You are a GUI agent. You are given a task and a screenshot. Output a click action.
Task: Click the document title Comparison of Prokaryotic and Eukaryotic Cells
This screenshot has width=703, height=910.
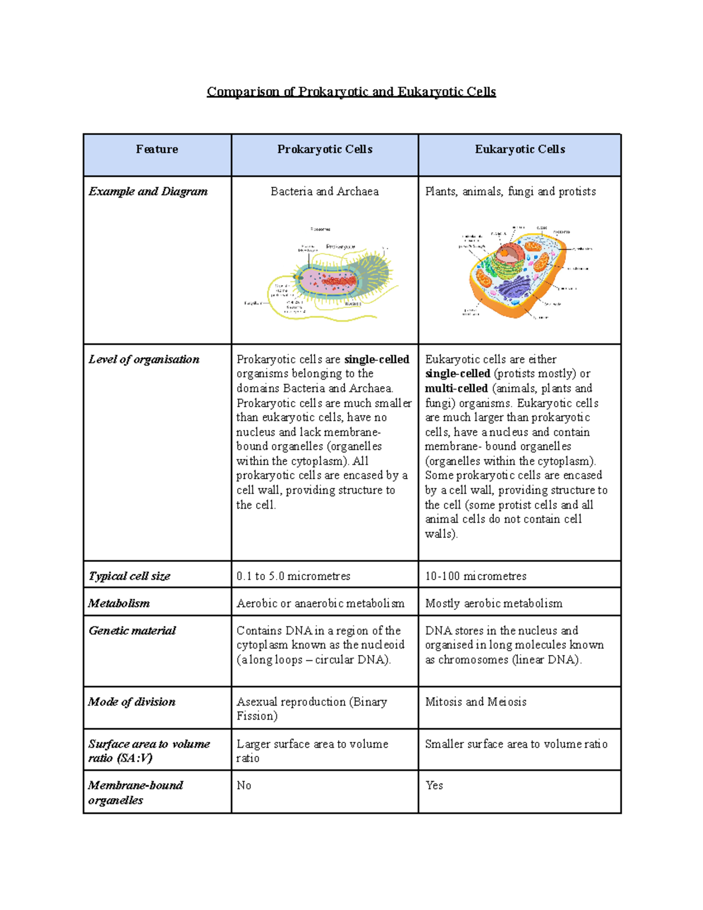(351, 92)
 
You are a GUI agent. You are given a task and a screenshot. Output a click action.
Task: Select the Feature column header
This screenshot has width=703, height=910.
(156, 149)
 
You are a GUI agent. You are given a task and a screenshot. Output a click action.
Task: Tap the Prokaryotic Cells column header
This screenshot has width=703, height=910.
(325, 149)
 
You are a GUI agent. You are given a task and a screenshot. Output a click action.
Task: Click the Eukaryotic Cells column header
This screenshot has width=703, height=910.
(520, 149)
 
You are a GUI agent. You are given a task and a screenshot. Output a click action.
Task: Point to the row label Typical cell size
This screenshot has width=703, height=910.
(129, 576)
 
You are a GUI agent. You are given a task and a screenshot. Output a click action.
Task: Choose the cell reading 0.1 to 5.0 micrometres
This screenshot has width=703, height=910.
(293, 576)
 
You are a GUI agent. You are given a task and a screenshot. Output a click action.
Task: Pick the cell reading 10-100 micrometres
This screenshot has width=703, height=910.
(475, 576)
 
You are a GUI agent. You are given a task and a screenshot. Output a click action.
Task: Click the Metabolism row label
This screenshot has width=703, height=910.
(119, 603)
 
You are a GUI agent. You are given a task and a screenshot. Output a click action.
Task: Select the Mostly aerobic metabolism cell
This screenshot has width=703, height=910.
(493, 603)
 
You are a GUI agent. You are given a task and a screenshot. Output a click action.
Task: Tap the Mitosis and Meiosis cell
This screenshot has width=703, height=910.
(475, 701)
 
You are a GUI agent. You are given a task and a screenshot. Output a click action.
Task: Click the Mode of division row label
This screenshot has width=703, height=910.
(131, 701)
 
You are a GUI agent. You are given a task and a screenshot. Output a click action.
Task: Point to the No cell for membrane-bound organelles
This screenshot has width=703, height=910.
(244, 785)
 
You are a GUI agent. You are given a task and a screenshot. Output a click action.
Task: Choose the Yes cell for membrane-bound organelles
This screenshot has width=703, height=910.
(434, 785)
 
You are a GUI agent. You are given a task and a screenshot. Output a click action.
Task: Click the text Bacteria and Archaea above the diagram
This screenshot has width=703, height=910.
(325, 192)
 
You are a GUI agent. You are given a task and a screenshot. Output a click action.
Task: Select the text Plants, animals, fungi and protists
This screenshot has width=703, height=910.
(510, 192)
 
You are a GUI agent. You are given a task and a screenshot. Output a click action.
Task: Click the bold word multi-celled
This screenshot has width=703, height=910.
(456, 388)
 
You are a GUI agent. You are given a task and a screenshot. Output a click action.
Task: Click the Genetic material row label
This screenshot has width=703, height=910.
(132, 630)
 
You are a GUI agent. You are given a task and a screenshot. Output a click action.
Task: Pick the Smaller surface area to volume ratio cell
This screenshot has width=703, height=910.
(516, 744)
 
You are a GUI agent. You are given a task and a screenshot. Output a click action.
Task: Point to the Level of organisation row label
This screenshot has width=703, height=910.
(144, 359)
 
